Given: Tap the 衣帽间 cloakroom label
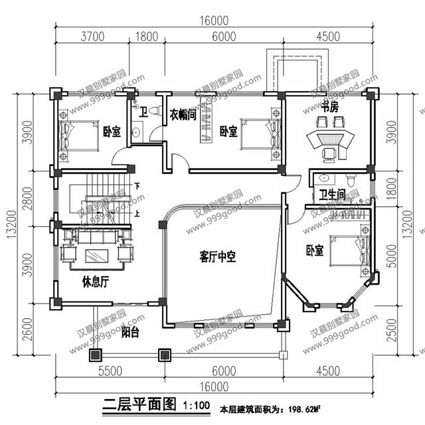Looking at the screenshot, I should click(182, 114).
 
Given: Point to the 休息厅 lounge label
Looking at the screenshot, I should click(95, 281).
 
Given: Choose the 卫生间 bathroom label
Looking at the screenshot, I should click(331, 195).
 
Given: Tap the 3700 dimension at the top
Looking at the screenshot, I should click(92, 37).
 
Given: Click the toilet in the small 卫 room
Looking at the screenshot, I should click(154, 111).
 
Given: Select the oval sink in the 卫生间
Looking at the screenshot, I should click(325, 178).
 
